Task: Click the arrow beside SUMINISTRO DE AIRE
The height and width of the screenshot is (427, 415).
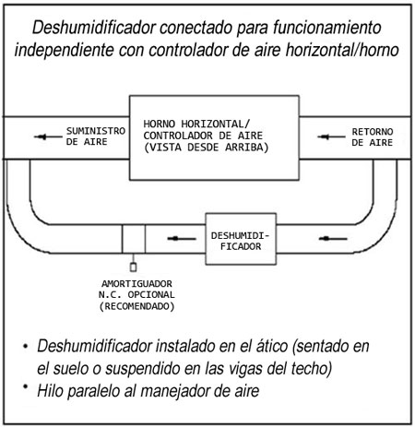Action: [48, 136]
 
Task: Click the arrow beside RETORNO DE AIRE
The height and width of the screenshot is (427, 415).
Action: [331, 136]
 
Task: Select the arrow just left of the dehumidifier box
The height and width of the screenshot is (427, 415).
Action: [182, 239]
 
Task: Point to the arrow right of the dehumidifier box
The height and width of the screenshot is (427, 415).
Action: [333, 239]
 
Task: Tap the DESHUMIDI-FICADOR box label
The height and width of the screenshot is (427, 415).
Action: [240, 241]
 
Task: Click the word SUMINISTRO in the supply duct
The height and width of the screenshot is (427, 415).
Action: [96, 131]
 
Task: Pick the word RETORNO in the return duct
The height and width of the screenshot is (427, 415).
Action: [373, 132]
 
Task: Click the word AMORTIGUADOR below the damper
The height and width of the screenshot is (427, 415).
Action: [136, 283]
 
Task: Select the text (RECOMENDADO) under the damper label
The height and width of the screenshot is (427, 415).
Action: [136, 306]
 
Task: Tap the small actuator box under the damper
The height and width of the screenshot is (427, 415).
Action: [133, 267]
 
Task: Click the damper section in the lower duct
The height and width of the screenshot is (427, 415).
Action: [134, 239]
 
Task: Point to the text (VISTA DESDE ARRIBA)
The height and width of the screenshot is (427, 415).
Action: [207, 148]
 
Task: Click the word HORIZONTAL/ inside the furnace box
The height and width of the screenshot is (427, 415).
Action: [216, 124]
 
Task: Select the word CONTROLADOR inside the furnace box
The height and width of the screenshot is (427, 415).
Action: [178, 136]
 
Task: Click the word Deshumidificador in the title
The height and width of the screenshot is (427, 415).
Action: [94, 28]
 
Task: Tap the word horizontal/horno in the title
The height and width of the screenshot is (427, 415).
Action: [342, 50]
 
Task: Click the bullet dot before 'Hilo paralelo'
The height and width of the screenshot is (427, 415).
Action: [26, 386]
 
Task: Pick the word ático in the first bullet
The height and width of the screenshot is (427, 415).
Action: [272, 346]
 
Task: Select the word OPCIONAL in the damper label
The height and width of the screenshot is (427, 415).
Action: [151, 295]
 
